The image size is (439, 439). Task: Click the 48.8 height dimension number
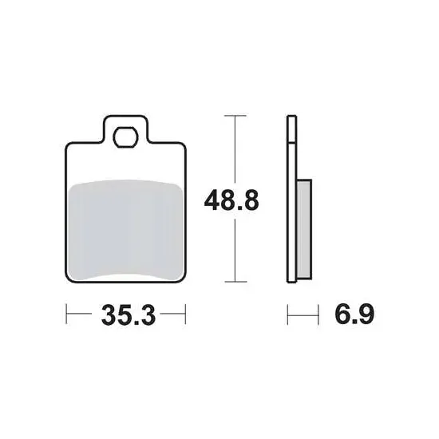pos(231,200)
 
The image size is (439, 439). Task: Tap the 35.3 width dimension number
pos(129,315)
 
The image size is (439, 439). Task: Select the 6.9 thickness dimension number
pos(354,314)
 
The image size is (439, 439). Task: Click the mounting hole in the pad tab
pos(125,137)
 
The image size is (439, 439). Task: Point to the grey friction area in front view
pos(125,230)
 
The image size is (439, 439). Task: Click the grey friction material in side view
pos(304,229)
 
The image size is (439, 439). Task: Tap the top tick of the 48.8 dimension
pos(235,116)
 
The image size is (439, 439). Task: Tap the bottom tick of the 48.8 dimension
pos(235,282)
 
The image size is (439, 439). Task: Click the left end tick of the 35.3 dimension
pos(66,314)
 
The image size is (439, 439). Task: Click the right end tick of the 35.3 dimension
pos(185,314)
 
